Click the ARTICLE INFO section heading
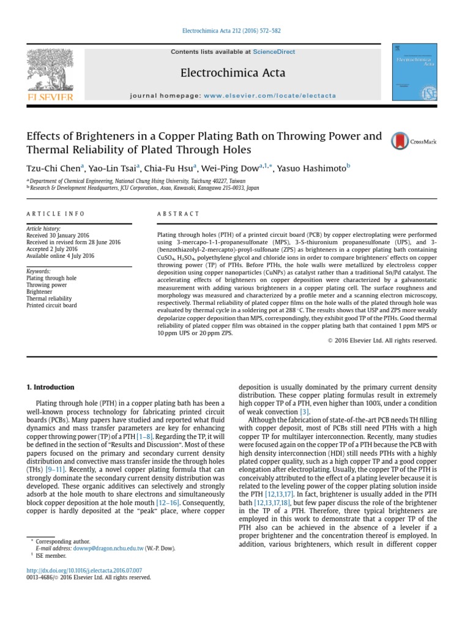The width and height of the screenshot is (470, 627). (56, 214)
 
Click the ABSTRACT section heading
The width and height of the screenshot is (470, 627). (179, 214)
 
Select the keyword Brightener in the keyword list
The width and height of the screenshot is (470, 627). (40, 292)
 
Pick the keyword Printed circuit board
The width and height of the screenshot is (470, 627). (52, 306)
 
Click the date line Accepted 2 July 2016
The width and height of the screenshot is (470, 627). (52, 249)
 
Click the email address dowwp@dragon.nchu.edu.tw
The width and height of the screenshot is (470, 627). (116, 549)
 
